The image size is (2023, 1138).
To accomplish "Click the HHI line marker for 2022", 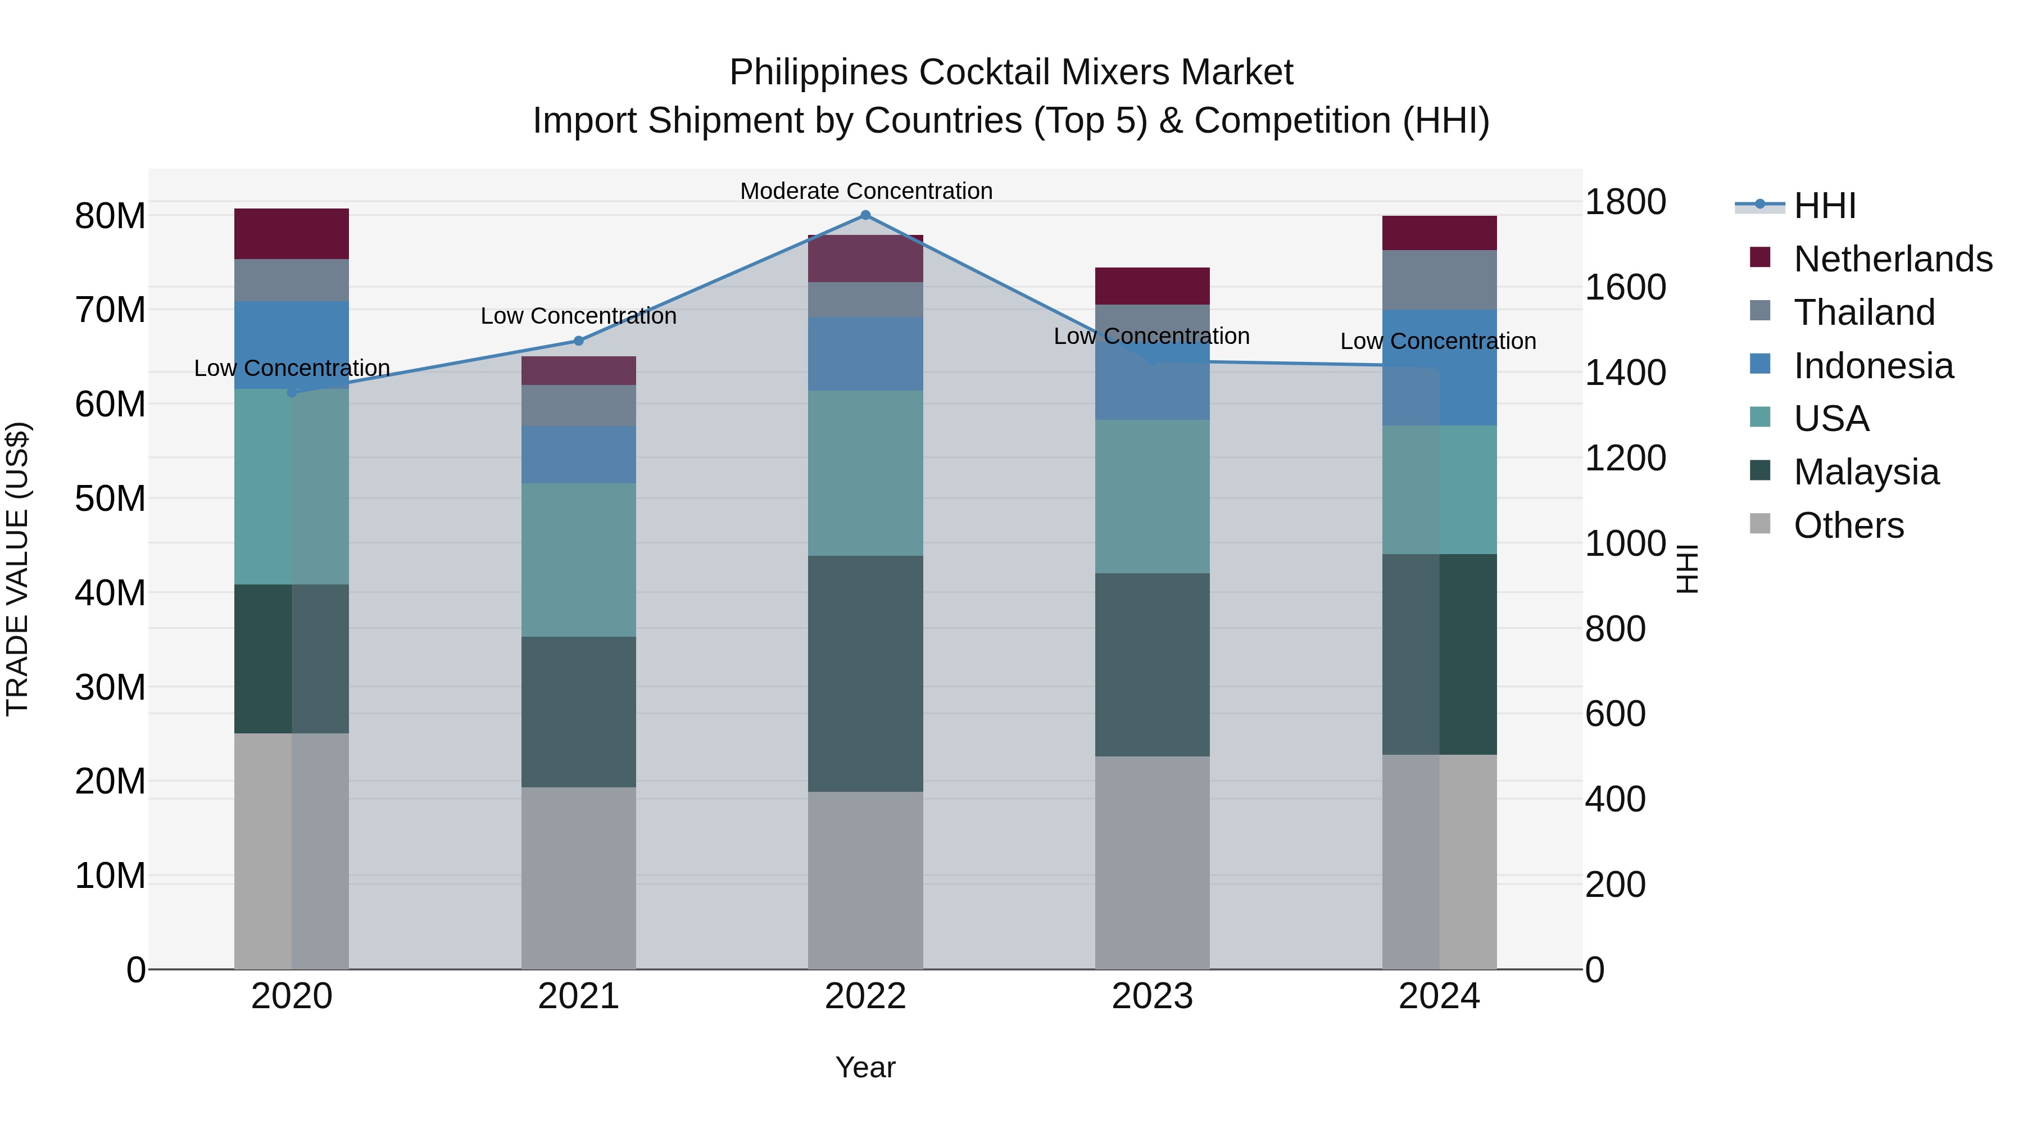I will pyautogui.click(x=865, y=215).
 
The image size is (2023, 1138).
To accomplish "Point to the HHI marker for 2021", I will pyautogui.click(x=579, y=341).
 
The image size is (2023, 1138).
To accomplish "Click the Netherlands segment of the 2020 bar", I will pyautogui.click(x=291, y=233).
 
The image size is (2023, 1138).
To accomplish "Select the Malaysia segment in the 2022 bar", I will pyautogui.click(x=865, y=673).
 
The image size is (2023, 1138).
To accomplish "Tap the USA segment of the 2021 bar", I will pyautogui.click(x=579, y=559).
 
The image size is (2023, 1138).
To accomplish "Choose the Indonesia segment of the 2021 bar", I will pyautogui.click(x=579, y=454).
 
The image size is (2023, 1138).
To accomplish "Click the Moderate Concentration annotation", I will pyautogui.click(x=866, y=191).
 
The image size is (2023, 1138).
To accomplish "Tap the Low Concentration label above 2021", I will pyautogui.click(x=579, y=316).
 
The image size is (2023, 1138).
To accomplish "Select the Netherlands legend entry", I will pyautogui.click(x=1893, y=259).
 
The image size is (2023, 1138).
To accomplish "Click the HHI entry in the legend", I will pyautogui.click(x=1824, y=206).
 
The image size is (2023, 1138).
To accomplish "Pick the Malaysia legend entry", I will pyautogui.click(x=1866, y=472).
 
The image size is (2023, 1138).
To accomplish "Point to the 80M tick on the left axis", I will pyautogui.click(x=110, y=216).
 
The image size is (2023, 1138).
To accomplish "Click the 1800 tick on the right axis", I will pyautogui.click(x=1625, y=202).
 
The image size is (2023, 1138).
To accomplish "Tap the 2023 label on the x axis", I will pyautogui.click(x=1152, y=996).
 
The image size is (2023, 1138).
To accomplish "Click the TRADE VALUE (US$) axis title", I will pyautogui.click(x=17, y=569).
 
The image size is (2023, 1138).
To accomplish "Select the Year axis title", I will pyautogui.click(x=865, y=1067).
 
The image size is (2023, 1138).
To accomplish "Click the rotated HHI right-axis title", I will pyautogui.click(x=1688, y=569).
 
